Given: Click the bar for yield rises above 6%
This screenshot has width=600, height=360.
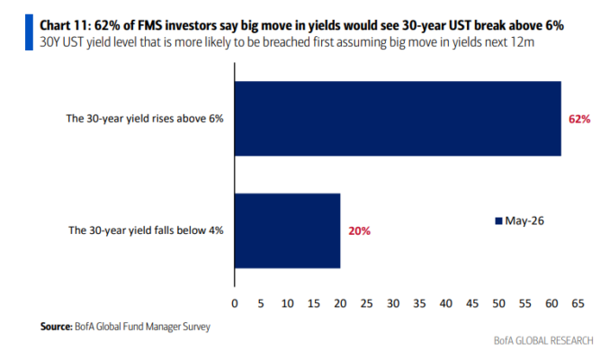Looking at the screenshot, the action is coord(398,118).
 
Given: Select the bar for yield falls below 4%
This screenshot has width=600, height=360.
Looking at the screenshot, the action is coord(287,230).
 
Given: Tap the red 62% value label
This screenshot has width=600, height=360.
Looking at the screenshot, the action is coord(579,119).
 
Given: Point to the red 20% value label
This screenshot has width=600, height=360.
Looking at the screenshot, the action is coord(359,231).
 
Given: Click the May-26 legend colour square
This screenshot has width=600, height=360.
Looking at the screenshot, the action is coord(498,221).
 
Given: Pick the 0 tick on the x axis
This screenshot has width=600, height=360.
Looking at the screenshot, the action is coord(235,303).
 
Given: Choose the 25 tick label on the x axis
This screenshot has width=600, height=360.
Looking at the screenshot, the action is coord(367,303).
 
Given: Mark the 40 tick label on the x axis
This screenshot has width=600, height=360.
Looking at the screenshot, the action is coord(446,303).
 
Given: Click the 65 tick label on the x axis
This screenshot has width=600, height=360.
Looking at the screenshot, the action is coord(578,303).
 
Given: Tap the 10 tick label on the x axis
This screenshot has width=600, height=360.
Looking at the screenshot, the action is coord(287,303).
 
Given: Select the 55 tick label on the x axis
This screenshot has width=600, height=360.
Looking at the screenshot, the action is coord(525,303).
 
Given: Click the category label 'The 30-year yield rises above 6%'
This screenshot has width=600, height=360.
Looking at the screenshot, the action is coord(145,119).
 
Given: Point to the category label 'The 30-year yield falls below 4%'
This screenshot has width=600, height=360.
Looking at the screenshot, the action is coord(146,230).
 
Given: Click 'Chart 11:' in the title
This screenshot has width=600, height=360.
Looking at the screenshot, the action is coord(65,25).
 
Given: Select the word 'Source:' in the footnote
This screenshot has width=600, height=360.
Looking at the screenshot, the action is coord(57,327).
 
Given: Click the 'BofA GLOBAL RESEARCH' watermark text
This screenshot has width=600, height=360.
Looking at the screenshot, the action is coord(543,340).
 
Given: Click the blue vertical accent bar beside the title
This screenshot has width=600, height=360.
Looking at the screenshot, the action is coord(29,32).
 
